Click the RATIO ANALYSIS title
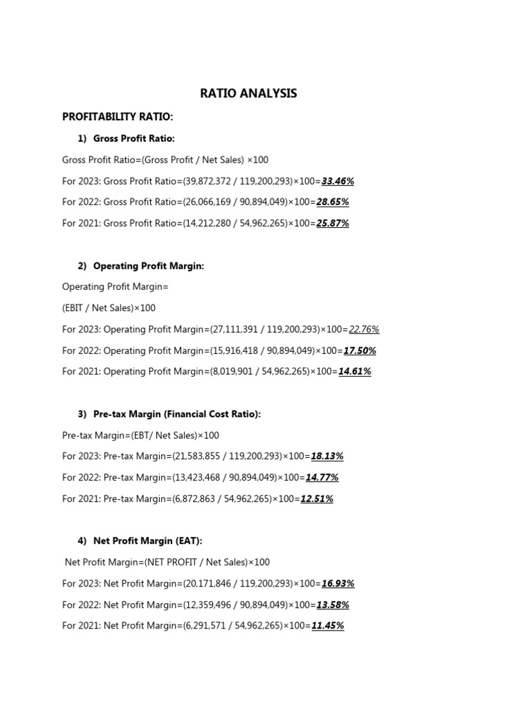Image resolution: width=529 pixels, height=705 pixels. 249,93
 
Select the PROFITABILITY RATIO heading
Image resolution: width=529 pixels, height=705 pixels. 118,116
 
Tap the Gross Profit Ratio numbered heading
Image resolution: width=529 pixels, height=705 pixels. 134,138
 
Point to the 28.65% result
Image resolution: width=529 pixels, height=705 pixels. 332,202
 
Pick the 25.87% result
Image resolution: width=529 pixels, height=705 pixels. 332,224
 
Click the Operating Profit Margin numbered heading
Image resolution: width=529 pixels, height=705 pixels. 148,266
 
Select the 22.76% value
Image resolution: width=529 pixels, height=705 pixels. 364,329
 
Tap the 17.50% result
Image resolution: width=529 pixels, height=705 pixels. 359,350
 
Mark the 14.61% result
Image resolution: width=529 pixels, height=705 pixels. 354,372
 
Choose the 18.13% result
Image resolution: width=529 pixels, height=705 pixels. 327,456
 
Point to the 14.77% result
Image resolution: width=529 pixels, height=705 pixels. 322,478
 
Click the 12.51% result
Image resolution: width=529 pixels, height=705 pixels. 316,499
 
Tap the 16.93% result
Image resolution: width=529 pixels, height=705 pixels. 338,584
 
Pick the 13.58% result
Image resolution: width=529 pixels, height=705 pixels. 332,605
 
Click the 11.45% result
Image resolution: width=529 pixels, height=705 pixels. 327,627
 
